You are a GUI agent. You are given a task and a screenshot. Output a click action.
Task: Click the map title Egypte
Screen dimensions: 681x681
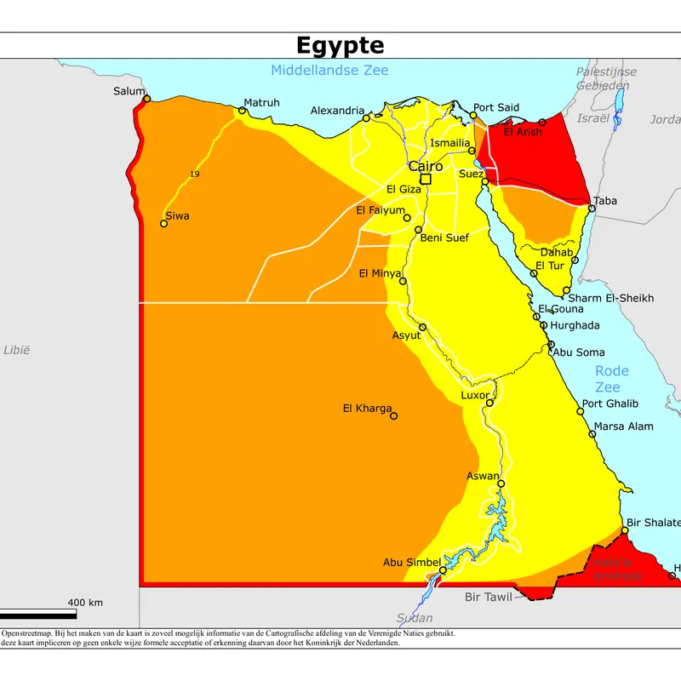(x=340, y=45)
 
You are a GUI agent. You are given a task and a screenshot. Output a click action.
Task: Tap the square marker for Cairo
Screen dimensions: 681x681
(x=425, y=179)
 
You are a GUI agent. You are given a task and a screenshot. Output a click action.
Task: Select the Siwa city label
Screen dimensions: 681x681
(x=177, y=216)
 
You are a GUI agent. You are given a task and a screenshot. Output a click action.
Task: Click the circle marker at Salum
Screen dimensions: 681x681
(x=147, y=99)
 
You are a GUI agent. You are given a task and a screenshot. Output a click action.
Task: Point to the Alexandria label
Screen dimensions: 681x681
(x=337, y=111)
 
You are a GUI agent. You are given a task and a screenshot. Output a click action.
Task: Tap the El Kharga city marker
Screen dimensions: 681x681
(x=393, y=416)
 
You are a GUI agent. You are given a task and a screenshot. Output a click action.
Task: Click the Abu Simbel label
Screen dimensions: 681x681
(x=411, y=562)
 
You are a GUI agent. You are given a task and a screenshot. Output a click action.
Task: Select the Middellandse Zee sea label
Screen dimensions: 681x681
(x=329, y=71)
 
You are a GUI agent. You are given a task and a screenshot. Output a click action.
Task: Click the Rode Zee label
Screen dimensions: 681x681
(x=611, y=379)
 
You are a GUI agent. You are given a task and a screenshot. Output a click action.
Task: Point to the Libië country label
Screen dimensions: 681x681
(x=17, y=350)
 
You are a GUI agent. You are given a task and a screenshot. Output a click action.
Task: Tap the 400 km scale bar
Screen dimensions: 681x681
(x=38, y=613)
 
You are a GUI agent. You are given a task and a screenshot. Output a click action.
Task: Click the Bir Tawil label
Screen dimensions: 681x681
(x=488, y=597)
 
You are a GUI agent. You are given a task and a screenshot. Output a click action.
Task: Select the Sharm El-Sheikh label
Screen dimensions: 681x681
(x=610, y=298)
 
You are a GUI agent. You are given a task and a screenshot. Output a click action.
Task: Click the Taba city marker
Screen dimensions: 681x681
(x=590, y=207)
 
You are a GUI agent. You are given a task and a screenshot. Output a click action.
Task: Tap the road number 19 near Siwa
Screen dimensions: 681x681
(x=195, y=175)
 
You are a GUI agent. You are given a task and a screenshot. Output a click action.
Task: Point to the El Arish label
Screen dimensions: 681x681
(x=522, y=132)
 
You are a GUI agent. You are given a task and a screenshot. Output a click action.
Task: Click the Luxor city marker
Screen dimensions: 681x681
(x=490, y=403)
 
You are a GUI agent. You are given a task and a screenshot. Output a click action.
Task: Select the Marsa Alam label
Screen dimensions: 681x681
(x=623, y=426)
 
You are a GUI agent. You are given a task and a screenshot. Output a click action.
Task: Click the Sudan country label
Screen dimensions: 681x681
(x=415, y=618)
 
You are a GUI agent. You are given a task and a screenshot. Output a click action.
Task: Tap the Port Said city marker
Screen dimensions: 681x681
(x=474, y=116)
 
